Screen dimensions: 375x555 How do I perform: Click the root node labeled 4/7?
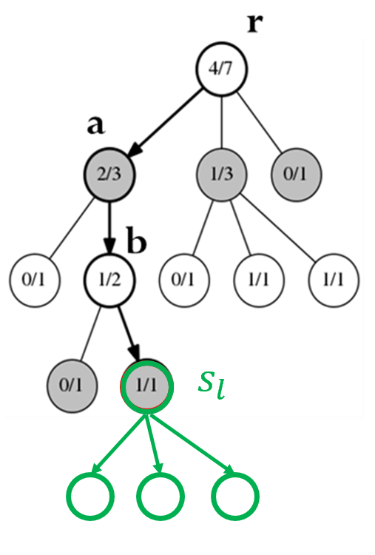click(222, 69)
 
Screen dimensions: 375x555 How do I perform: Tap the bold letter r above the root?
click(255, 24)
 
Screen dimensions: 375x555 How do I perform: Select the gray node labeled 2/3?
click(109, 175)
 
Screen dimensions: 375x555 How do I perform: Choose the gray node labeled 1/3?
click(222, 175)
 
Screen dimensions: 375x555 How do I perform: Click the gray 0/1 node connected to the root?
click(297, 175)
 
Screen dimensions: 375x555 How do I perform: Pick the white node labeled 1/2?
click(109, 280)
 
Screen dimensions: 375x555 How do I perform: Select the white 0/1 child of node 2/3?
click(35, 280)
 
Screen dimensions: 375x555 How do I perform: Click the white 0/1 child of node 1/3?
click(184, 280)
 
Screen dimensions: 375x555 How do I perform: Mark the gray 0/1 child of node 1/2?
click(72, 386)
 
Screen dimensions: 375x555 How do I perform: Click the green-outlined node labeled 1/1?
click(146, 386)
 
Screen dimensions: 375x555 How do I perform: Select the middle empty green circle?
click(161, 497)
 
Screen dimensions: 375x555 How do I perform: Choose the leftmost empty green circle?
click(90, 497)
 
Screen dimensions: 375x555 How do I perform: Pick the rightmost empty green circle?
click(235, 497)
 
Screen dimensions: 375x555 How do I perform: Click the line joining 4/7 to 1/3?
click(222, 122)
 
